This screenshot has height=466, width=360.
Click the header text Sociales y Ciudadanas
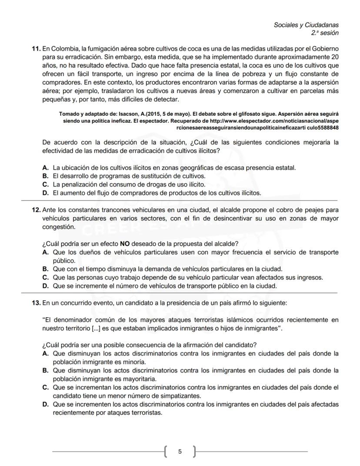coord(306,25)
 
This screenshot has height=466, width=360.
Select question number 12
coord(36,210)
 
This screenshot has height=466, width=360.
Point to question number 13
coord(36,302)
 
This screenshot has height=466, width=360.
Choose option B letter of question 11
coord(45,176)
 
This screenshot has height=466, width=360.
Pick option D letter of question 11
coord(45,193)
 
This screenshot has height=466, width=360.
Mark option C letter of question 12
coord(45,278)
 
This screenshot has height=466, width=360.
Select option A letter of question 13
coord(45,354)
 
